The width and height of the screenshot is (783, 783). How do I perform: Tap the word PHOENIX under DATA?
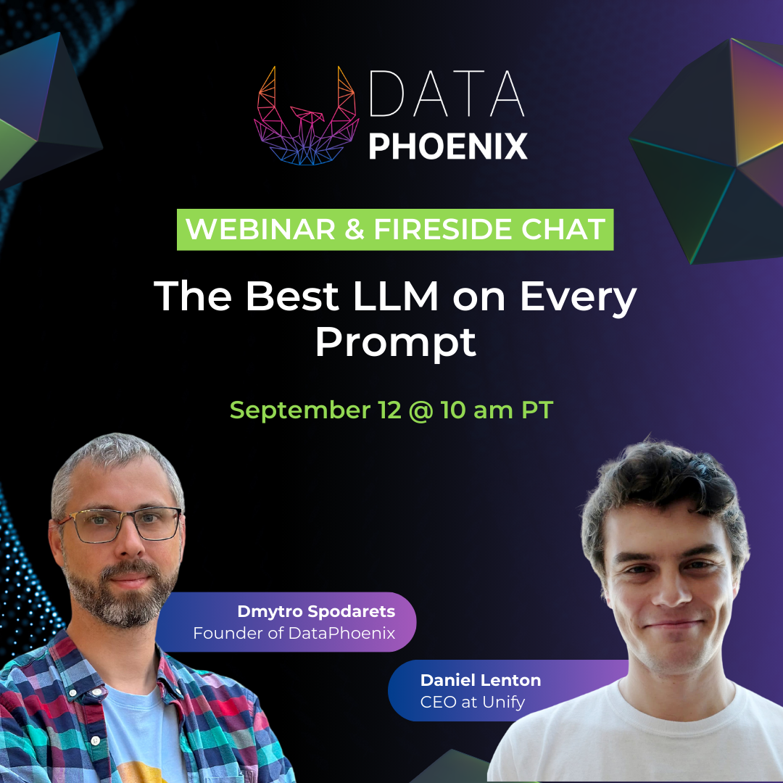click(x=448, y=146)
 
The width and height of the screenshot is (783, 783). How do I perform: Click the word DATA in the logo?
click(x=447, y=94)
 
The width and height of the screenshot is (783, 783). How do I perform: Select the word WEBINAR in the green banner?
click(x=260, y=229)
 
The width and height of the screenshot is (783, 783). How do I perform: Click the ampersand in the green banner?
click(x=355, y=229)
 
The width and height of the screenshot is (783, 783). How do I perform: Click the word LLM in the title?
click(x=396, y=296)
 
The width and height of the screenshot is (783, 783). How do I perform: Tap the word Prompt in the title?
click(x=396, y=344)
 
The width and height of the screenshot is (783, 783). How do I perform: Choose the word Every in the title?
click(x=579, y=299)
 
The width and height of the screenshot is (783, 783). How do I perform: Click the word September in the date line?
click(x=300, y=410)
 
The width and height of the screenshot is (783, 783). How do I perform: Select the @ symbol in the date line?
click(x=420, y=411)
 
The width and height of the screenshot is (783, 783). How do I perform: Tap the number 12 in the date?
click(x=389, y=410)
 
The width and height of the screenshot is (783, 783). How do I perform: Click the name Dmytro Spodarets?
click(x=316, y=612)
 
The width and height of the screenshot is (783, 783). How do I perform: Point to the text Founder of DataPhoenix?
click(x=294, y=633)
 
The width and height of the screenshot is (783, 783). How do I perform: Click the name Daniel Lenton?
click(x=481, y=680)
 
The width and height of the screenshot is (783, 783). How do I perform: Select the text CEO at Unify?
click(x=473, y=702)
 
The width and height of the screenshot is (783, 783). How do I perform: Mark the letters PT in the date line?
click(x=536, y=410)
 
